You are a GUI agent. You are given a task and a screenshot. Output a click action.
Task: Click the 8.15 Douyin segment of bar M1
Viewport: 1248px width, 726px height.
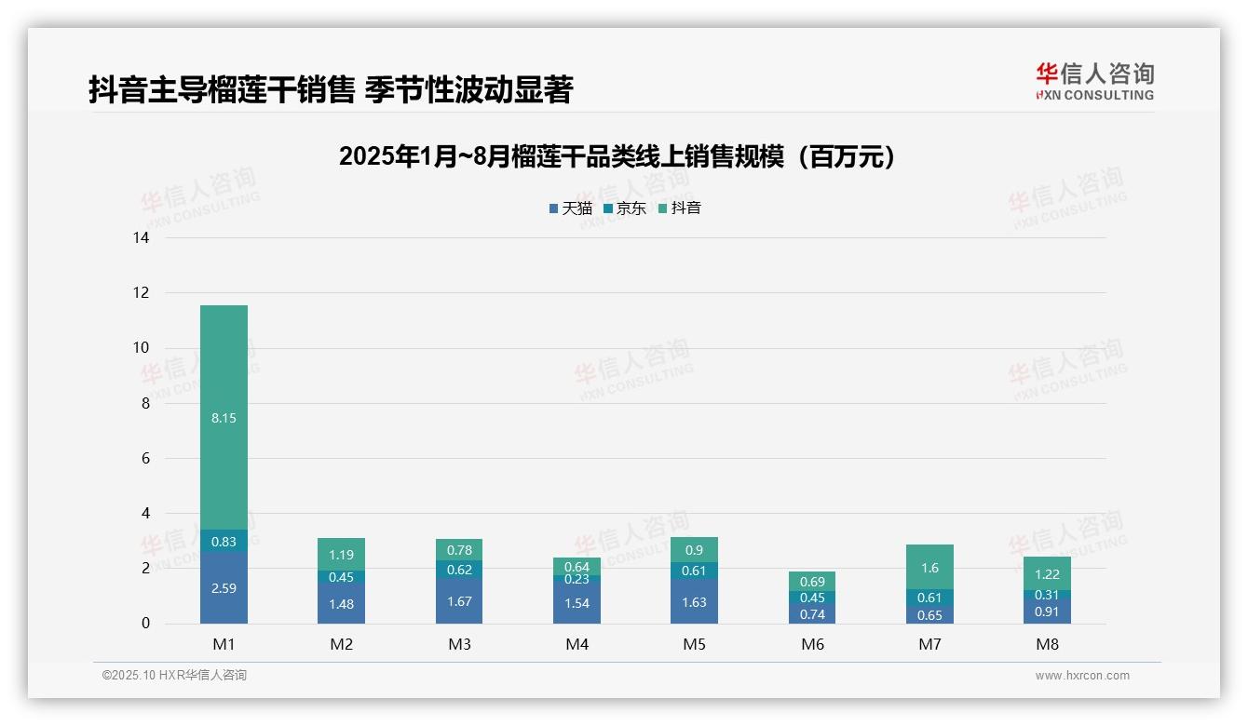point(224,418)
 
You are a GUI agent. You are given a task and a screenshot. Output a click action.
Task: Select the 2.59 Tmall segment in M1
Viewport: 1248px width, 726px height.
point(224,588)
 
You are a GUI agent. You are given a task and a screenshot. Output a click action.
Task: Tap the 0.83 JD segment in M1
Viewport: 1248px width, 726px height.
point(224,542)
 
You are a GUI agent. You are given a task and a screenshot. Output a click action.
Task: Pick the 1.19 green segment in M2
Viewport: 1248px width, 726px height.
point(341,555)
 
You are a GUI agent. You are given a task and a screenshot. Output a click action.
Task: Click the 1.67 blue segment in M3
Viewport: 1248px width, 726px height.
point(459,601)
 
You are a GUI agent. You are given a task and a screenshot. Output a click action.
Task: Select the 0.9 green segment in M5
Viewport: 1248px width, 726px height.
point(694,550)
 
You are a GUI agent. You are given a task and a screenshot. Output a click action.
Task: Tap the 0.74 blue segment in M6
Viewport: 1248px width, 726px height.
point(812,613)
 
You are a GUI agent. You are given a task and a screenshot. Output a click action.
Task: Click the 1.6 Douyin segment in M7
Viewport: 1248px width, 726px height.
point(929,567)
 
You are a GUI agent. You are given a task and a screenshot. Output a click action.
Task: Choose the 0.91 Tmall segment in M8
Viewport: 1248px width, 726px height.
point(1047,612)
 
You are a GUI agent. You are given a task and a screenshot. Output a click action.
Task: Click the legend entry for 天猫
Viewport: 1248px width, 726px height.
point(571,208)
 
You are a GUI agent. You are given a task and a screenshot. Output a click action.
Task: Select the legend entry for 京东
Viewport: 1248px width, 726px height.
point(625,208)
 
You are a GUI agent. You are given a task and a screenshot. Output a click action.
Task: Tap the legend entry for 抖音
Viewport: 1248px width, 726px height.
point(680,208)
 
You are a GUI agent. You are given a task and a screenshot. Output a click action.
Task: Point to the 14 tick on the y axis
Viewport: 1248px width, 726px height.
point(141,238)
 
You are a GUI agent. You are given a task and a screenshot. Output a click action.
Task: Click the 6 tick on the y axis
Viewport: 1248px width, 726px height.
point(144,458)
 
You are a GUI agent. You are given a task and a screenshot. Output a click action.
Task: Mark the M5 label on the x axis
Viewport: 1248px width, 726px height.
point(694,644)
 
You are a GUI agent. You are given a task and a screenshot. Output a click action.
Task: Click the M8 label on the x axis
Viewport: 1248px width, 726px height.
point(1047,644)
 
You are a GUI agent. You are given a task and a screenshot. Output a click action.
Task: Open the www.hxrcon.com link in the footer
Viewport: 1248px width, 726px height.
point(1082,676)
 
